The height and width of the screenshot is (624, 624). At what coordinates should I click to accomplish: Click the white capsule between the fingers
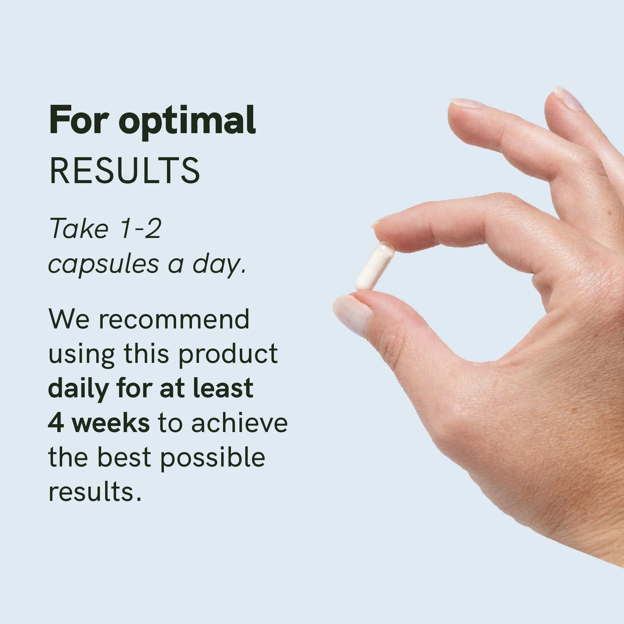point(375,266)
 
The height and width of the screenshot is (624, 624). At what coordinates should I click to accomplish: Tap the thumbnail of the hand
point(352,314)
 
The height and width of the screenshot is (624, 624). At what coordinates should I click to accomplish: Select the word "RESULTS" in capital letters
point(125,171)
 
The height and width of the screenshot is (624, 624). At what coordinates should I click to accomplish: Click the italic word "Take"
point(79,228)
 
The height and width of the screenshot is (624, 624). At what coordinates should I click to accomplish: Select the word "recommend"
point(174,319)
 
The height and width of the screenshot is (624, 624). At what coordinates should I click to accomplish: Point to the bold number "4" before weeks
point(55,424)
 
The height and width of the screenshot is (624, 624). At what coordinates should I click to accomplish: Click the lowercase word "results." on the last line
point(95,492)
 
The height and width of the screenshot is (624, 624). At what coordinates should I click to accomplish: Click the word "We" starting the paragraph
point(69,319)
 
